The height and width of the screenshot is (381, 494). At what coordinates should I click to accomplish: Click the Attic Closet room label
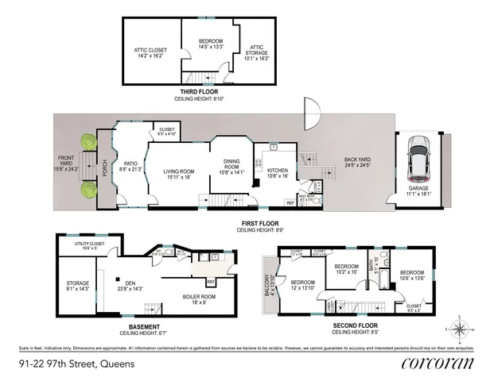(151, 53)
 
